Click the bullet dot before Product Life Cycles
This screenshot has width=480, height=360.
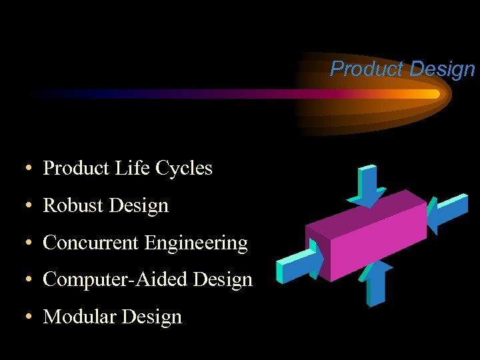31,169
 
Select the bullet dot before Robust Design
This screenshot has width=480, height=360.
31,207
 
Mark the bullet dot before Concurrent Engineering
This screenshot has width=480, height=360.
31,244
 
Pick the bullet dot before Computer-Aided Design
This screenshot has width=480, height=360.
31,280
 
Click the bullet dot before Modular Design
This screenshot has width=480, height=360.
31,317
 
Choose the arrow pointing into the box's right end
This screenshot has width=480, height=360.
447,212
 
